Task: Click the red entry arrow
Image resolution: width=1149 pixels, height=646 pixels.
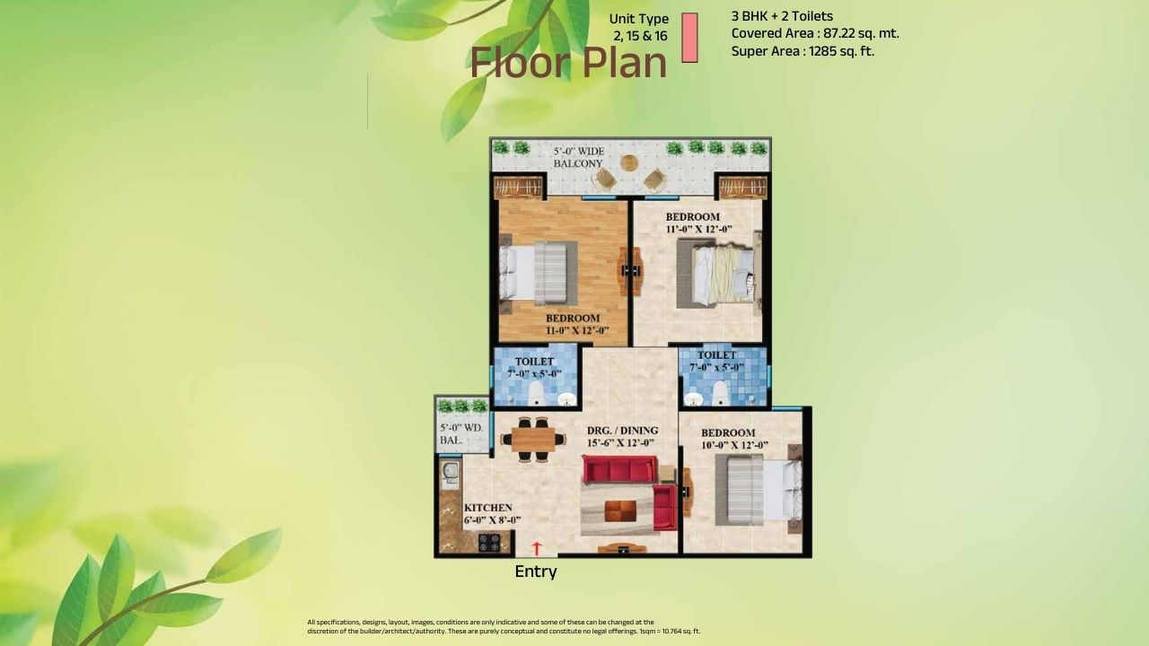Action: tap(538, 546)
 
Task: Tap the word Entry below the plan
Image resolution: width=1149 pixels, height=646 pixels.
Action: tap(536, 572)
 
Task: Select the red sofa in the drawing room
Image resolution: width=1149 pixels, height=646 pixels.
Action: tap(619, 470)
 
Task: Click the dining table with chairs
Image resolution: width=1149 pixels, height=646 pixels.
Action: tap(534, 439)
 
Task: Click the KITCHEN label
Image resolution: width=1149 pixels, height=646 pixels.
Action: tap(488, 508)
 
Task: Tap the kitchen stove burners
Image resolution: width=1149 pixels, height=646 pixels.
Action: tap(489, 542)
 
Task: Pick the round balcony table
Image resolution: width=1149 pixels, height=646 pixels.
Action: tap(629, 163)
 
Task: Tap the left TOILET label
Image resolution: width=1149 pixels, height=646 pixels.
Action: tap(534, 362)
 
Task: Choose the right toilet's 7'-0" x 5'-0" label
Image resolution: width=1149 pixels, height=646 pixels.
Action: tap(716, 367)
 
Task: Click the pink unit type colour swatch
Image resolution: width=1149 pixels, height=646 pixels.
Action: tap(689, 38)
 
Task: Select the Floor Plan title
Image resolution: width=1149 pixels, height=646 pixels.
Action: tap(568, 63)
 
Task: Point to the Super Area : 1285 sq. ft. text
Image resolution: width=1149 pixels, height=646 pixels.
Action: tap(803, 51)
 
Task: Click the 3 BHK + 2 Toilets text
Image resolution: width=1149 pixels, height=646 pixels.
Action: tap(782, 16)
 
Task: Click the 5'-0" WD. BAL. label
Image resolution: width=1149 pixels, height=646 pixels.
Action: tap(462, 434)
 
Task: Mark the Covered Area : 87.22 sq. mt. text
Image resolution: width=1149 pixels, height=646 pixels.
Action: tap(815, 33)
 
